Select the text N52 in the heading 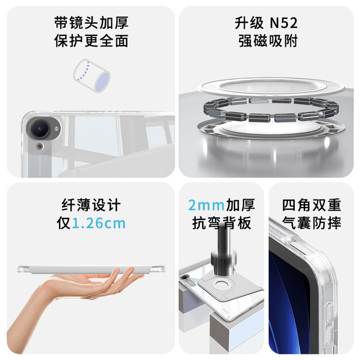pyautogui.click(x=282, y=23)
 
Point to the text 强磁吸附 pyautogui.click(x=267, y=41)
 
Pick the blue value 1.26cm pyautogui.click(x=99, y=223)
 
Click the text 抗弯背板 pyautogui.click(x=221, y=223)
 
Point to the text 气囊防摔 pyautogui.click(x=312, y=223)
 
